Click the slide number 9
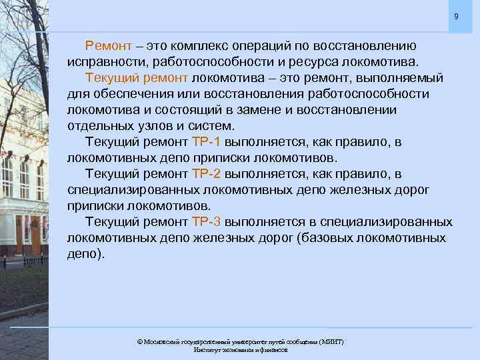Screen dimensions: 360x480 point(456,16)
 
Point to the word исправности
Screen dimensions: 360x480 point(107,62)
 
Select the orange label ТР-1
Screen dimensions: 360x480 point(207,142)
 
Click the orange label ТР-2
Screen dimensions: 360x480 point(207,174)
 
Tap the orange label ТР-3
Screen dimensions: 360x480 point(207,222)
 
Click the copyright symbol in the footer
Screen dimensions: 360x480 point(140,341)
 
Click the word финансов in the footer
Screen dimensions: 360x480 point(274,349)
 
